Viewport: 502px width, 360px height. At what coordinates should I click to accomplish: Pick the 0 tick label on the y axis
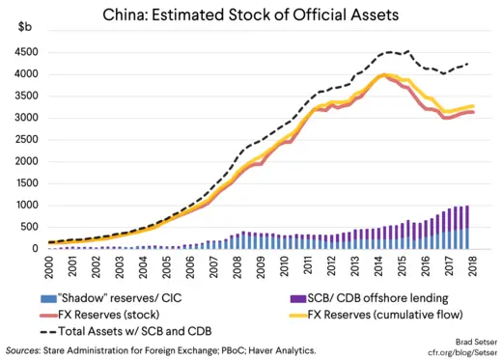point(31,248)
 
